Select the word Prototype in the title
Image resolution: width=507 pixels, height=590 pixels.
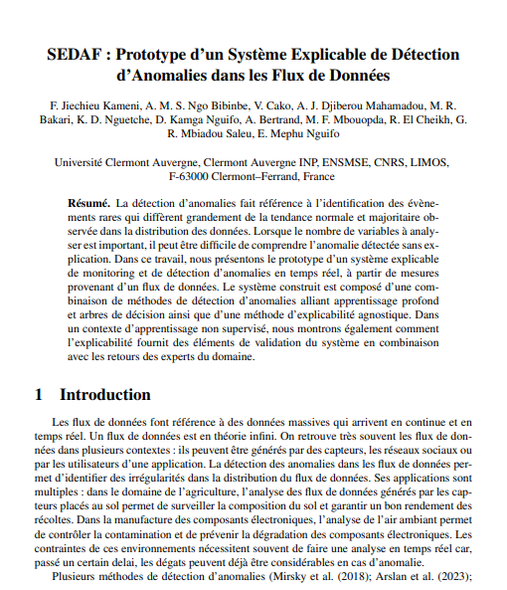[163, 53]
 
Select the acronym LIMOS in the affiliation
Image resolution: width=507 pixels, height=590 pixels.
[428, 161]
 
